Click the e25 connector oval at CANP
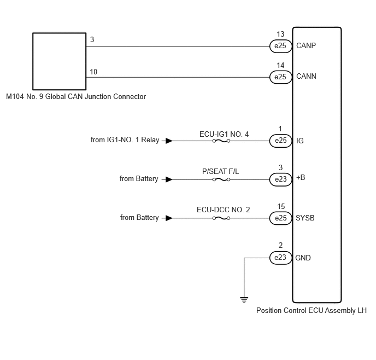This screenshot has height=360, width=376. point(281,46)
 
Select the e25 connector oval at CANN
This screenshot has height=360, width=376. point(281,77)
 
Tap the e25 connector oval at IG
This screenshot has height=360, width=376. point(281,141)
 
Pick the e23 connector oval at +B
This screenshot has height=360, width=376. point(281,179)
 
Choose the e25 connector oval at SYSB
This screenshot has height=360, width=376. point(281,218)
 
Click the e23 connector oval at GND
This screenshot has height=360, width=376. point(281,258)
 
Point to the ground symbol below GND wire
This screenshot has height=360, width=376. point(244,300)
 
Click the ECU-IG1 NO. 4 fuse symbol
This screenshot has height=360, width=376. point(221,141)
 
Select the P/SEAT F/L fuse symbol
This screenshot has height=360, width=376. point(221,179)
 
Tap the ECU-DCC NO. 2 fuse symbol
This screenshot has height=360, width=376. point(221,218)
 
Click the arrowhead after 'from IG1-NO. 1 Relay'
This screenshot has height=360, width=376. point(169,141)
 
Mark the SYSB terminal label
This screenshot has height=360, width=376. point(305,218)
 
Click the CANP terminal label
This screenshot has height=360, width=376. point(306,45)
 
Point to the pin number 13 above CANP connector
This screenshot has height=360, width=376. point(280,34)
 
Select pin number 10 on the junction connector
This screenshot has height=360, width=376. point(93,72)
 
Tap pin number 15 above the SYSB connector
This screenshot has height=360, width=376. point(281,206)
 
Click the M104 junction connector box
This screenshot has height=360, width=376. point(59,61)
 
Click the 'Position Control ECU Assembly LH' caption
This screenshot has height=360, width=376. point(312,311)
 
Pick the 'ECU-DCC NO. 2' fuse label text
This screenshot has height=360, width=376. point(223,210)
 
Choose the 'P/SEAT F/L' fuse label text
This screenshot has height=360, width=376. point(221,171)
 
